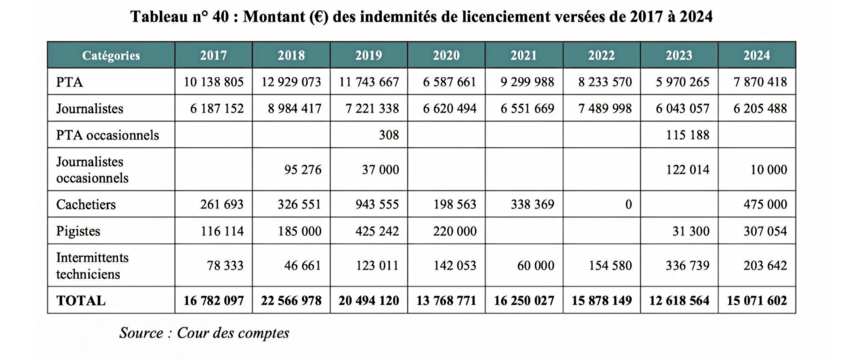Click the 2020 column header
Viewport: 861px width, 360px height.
[x=446, y=55]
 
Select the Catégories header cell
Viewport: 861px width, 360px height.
[x=111, y=55]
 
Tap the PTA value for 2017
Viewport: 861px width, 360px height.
[x=214, y=82]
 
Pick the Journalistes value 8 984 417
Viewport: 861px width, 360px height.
[x=294, y=109]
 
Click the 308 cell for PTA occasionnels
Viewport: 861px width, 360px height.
[x=389, y=135]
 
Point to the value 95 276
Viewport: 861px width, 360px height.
[x=303, y=170]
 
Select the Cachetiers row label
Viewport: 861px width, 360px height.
[x=86, y=204]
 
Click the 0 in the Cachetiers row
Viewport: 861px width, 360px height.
[x=628, y=204]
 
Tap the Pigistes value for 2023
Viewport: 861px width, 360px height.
[x=691, y=231]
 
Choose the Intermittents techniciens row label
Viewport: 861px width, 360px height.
[x=92, y=266]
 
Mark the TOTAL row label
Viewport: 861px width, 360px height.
[x=81, y=301]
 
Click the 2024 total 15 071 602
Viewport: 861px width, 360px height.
[x=757, y=301]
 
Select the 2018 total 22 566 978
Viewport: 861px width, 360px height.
[x=291, y=301]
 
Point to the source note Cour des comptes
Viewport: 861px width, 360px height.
[x=204, y=333]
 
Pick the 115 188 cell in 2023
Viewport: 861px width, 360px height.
[x=687, y=135]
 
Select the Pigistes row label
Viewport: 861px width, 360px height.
[x=78, y=231]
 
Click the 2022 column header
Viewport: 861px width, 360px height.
[x=601, y=55]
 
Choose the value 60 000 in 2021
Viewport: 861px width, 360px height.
[x=535, y=266]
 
